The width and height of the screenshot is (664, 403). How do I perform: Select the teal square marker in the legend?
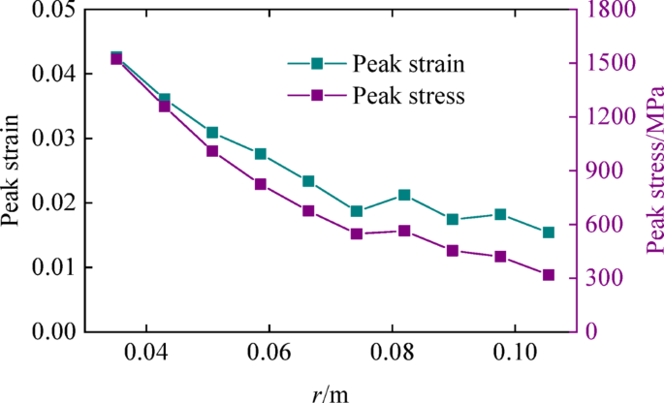point(316,65)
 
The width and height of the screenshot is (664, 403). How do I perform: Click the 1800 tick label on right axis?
point(612,10)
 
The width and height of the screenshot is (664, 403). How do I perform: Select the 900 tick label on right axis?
point(607,170)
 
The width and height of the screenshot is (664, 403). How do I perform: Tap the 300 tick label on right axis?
point(607,278)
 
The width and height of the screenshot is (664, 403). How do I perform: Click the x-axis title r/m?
point(331,388)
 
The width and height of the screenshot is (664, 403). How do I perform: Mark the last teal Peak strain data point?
point(549,205)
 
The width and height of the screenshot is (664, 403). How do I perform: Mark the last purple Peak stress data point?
point(549,275)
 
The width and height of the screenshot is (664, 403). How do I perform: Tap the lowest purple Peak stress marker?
point(549,275)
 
